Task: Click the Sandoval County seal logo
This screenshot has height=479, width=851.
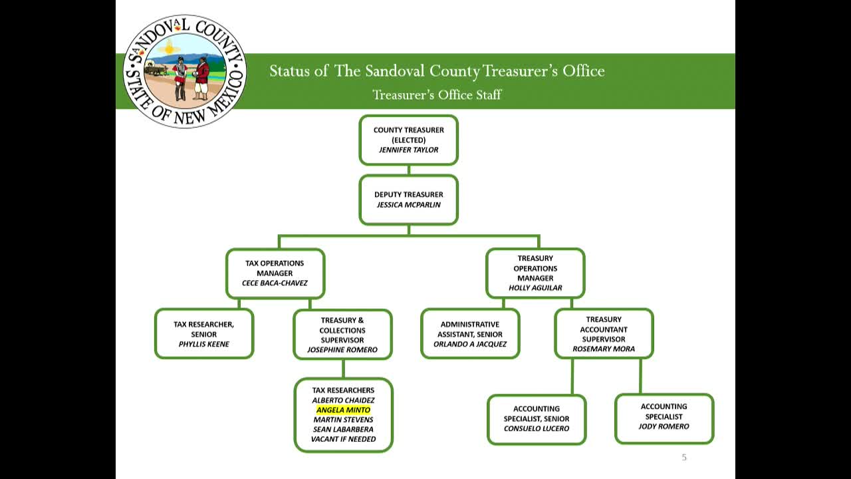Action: [x=185, y=71]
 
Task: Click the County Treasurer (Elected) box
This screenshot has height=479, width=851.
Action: [x=408, y=140]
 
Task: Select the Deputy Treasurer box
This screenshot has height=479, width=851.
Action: [x=408, y=200]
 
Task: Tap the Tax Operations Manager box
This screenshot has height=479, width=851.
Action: [x=275, y=273]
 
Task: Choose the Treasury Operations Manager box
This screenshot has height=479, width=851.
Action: [x=535, y=273]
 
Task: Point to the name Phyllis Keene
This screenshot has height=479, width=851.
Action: [x=203, y=345]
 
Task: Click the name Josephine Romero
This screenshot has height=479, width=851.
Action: [x=342, y=350]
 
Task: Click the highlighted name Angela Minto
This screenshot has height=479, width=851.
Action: [x=343, y=410]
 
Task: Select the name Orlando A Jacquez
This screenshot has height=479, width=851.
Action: [x=470, y=345]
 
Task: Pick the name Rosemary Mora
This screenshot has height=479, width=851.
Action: [x=604, y=349]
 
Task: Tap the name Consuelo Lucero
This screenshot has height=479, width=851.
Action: [x=537, y=428]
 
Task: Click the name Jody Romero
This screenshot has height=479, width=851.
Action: [x=664, y=426]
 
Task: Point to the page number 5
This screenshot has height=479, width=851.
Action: [x=684, y=457]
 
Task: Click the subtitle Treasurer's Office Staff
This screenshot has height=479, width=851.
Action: [x=437, y=94]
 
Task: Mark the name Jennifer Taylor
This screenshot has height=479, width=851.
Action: [x=408, y=150]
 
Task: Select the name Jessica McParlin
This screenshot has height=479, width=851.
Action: [x=408, y=205]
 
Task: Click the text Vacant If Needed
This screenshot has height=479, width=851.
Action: [x=343, y=439]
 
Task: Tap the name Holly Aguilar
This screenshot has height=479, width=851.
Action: [x=535, y=288]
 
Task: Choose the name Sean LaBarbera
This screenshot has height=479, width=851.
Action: [x=343, y=429]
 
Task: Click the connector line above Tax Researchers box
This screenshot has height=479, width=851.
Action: [x=343, y=369]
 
